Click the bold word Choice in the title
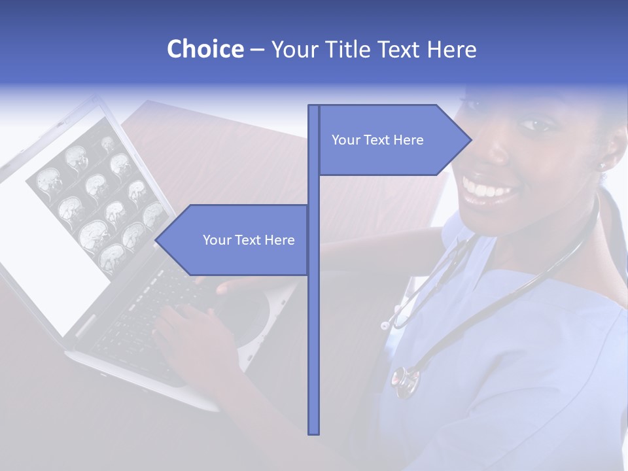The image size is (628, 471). pos(205,50)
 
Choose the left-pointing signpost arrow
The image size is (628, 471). pos(232,240)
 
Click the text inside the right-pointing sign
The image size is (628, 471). pos(377,140)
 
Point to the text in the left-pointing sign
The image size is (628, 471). pos(249,240)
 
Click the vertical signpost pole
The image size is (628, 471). pos(313,327)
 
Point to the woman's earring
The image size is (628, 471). pos(602,166)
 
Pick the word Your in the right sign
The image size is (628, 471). pos(344,140)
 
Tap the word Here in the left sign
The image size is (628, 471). pos(280,240)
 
